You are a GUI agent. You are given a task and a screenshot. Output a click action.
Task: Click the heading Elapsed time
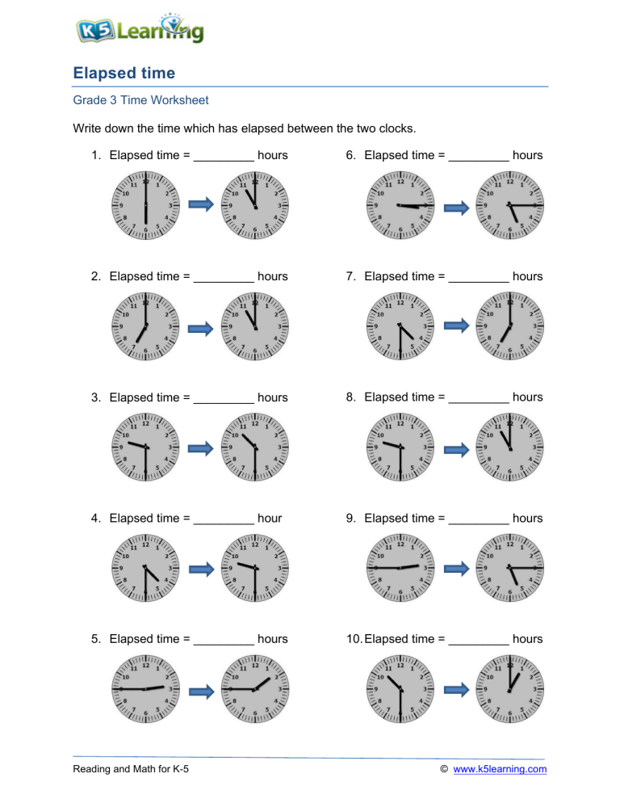coord(124,74)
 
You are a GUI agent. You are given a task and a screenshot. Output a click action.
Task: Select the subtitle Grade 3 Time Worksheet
coord(140,100)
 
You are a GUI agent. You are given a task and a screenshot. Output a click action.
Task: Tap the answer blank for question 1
coord(224,156)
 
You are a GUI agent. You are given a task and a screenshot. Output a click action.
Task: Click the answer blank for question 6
coord(479,156)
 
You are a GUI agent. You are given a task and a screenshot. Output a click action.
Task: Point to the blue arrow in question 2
coord(200,327)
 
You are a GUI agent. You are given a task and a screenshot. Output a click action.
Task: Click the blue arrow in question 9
coord(456,570)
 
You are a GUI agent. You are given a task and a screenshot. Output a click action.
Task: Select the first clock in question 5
coord(145,689)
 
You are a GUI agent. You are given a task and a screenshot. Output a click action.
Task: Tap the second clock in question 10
coord(509,689)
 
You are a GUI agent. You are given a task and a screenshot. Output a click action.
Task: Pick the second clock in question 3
coord(254,448)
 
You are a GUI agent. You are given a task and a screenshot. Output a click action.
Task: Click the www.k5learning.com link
coord(501,769)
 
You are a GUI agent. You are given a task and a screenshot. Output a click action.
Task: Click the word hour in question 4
coord(270,518)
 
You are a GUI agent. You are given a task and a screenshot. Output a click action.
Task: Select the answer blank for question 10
coord(479,640)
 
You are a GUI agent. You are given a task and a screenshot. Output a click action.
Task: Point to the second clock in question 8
coord(509,448)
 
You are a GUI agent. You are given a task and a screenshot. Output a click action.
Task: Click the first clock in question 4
coord(145,569)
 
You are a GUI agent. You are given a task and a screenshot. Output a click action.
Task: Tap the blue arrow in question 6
coord(456,207)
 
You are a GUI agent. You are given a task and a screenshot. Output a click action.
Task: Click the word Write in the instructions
coord(88,128)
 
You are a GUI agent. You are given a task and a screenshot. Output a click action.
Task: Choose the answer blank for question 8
coord(479,398)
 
